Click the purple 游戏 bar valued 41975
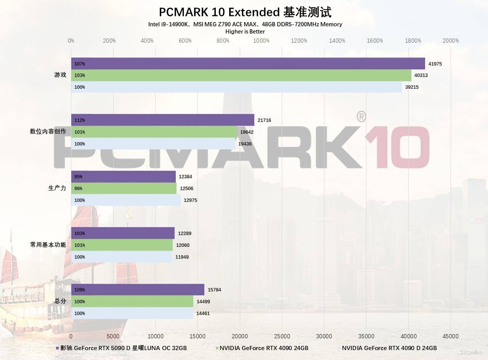pos(248,64)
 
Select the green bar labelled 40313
pos(241,75)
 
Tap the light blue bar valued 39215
pos(236,87)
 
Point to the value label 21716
pos(264,120)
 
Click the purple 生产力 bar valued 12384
pos(123,177)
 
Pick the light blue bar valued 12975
pos(126,200)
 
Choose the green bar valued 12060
pos(122,245)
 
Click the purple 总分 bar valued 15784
pos(138,290)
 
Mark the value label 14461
pos(203,314)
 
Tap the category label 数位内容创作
pos(48,132)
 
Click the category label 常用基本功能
pos(48,245)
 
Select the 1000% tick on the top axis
pos(261,41)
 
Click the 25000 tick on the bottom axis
pos(282,336)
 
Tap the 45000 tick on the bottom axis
pos(451,336)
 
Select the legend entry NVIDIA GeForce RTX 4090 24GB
pos(263,348)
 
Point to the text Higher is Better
pos(245,32)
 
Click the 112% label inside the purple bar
pos(80,120)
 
